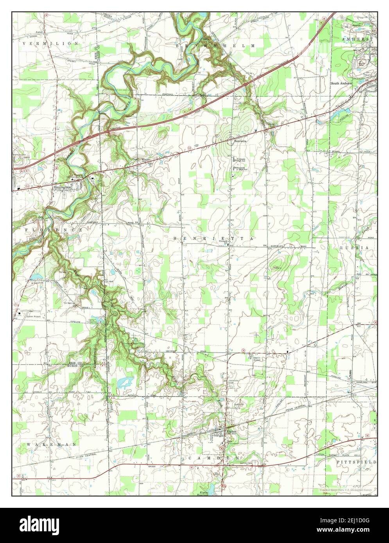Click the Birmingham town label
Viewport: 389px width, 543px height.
click(63, 187)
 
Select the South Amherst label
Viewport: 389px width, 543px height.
click(341, 83)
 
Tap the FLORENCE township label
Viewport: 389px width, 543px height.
click(54, 230)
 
